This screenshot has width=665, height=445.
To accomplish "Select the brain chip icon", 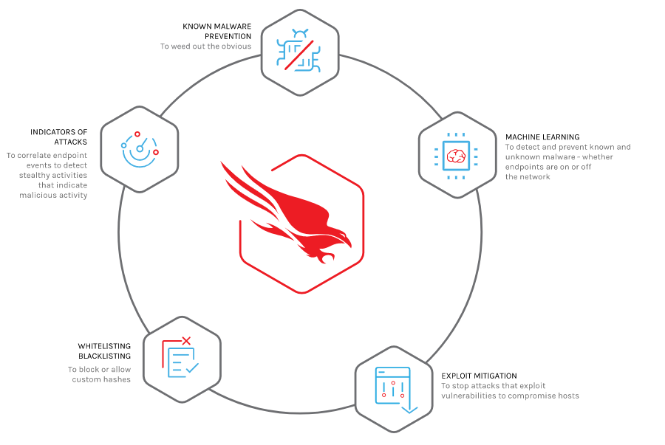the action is tap(456, 156).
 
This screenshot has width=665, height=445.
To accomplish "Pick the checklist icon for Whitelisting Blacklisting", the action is tap(181, 358).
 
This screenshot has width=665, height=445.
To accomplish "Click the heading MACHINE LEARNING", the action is tap(542, 137).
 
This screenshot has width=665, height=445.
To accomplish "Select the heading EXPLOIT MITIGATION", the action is tap(480, 376).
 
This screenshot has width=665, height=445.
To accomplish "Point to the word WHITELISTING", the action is tap(104, 346).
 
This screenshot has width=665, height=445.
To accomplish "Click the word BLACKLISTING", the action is tap(105, 356).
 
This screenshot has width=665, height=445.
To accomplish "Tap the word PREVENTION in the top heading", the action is tap(228, 36).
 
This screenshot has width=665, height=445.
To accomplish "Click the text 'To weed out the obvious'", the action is tap(205, 46).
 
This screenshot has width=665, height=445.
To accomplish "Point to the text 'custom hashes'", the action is tap(101, 379).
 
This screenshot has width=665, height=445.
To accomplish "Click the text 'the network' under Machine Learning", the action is tap(528, 177).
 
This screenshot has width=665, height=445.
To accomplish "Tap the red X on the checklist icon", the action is tap(186, 340).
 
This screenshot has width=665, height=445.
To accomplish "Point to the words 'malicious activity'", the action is tap(53, 195).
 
